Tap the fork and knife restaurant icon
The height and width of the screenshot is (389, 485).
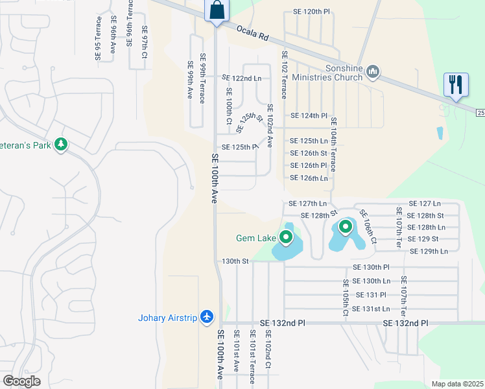(x=455, y=86)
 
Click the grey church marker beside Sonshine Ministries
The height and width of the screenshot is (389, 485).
(x=373, y=71)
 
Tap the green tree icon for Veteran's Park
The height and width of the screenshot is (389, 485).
(x=61, y=143)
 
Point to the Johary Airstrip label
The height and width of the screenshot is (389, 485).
(x=168, y=318)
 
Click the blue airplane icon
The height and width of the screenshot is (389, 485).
(x=207, y=316)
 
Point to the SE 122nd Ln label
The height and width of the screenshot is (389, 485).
(x=241, y=78)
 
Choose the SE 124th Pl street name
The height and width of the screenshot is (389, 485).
(x=309, y=115)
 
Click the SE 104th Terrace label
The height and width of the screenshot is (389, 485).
(x=333, y=144)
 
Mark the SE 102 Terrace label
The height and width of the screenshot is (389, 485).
(x=283, y=72)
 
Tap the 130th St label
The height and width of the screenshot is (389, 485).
(x=235, y=261)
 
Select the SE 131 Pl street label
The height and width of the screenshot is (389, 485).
(x=376, y=294)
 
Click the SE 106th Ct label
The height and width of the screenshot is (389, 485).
(x=367, y=226)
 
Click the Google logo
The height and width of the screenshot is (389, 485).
(x=21, y=381)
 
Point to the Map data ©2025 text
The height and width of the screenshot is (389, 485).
(x=457, y=384)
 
